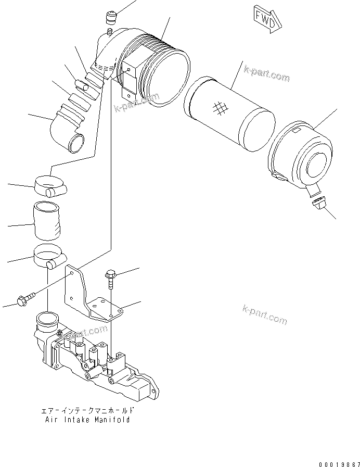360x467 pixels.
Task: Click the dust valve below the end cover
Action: pos(318,204)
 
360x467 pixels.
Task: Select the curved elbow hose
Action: pos(68,130)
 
